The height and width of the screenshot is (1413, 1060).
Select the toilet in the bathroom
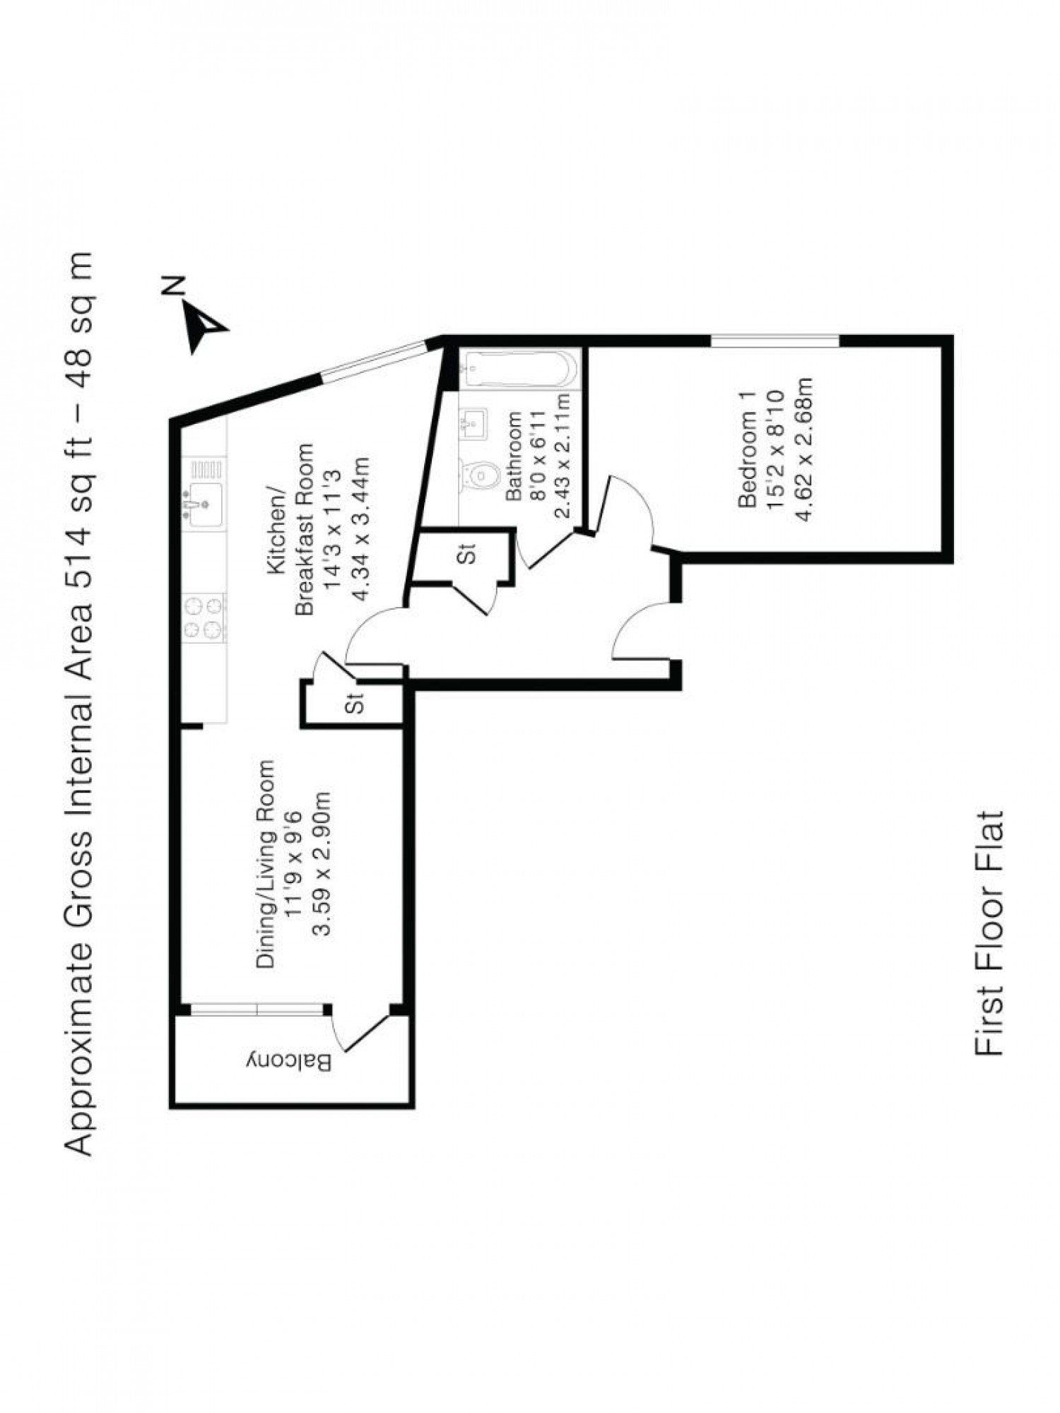480,478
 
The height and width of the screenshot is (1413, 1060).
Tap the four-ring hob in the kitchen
204,618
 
